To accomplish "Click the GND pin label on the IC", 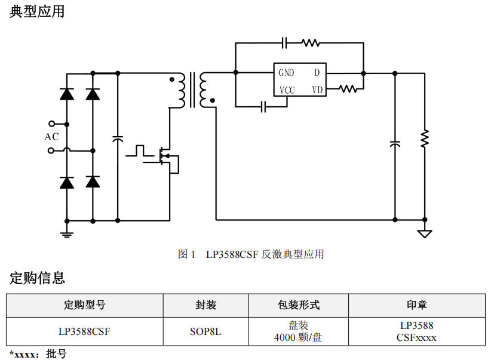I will point(286,73).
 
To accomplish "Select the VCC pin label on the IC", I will point(287,90).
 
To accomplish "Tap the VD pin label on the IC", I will point(317,90).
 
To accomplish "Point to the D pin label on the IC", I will point(317,73).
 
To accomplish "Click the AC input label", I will point(52,137).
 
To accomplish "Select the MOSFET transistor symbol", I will point(167,156).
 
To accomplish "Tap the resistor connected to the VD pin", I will point(348,88).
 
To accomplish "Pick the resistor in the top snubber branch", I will point(311,42).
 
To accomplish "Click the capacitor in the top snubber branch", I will point(284,42).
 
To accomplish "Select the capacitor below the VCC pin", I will point(263,107).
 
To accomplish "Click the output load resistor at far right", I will point(425,139).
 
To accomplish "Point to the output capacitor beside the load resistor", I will point(395,144).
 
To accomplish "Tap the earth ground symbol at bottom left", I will point(67,232).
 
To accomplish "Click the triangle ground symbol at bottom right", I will point(425,233).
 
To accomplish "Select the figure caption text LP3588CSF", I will point(232,254).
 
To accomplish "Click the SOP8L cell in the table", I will point(205,331).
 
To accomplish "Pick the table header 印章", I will point(416,305).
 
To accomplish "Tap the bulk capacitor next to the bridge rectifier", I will point(118,139).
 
